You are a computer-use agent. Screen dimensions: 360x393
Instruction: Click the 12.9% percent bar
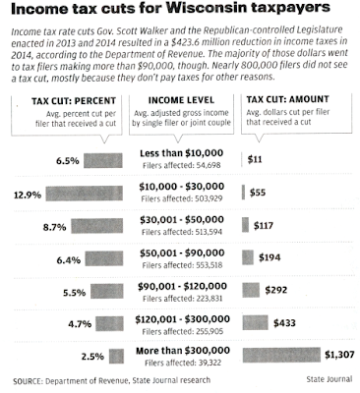coord(85,194)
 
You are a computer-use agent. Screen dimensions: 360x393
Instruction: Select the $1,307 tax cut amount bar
coord(281,355)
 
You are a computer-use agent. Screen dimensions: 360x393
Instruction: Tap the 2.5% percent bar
coord(116,357)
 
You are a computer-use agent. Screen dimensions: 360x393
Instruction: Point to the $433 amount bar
coord(255,322)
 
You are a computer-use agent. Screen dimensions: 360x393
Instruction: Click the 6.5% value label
coord(68,161)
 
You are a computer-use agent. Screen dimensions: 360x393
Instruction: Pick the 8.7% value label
coord(54,227)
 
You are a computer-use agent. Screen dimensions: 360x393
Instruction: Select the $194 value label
coord(270,257)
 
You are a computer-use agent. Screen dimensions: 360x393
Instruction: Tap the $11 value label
coord(255,159)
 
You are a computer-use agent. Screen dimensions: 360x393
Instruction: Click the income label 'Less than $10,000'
coord(181,153)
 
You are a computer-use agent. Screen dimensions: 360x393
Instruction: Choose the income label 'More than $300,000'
coord(183,351)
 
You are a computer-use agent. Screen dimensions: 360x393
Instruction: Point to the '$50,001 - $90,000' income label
coord(182,253)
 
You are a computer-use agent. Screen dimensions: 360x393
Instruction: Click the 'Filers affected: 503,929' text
coord(182,198)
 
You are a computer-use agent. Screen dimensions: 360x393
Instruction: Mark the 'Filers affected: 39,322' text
coord(183,363)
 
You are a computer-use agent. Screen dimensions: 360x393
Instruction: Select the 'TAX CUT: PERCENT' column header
coord(74,101)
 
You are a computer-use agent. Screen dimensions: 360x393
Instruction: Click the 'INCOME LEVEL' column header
coord(181,100)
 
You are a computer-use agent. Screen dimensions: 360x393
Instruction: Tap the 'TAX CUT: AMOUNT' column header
coord(287,99)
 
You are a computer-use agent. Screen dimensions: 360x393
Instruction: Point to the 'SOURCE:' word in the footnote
coord(28,381)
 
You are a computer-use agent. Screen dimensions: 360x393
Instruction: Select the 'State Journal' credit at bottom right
coord(330,379)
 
